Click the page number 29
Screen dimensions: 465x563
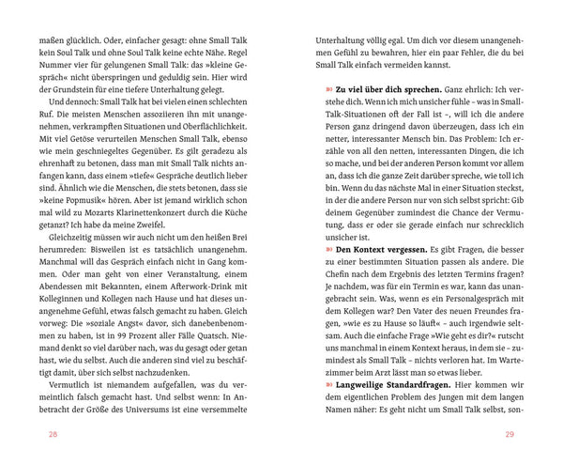pos(510,434)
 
